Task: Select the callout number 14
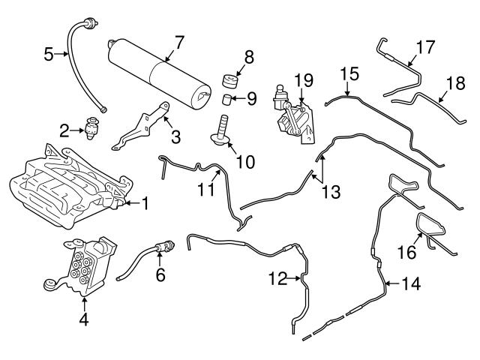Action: [409, 283]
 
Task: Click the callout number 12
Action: [277, 279]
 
